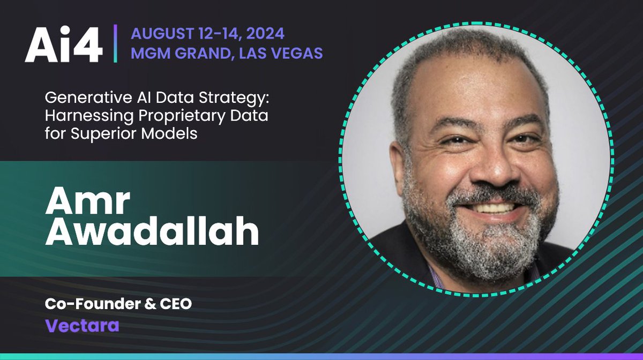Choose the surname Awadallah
coord(152,234)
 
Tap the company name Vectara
coord(82,326)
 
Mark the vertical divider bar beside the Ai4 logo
coord(115,43)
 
